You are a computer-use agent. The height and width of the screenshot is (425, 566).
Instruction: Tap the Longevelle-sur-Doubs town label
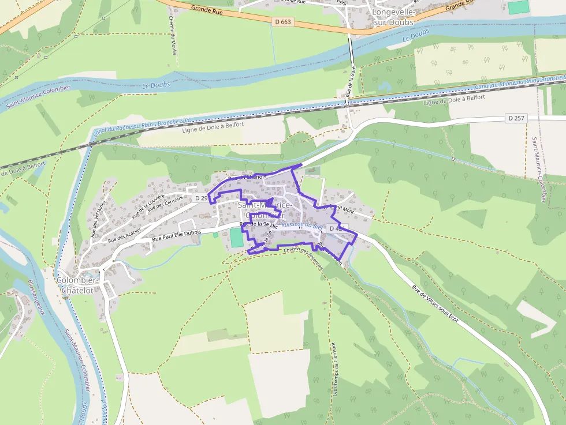(x=393, y=17)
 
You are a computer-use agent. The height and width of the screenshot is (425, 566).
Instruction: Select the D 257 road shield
(x=516, y=118)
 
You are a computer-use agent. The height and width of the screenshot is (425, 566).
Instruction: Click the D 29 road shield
(x=200, y=198)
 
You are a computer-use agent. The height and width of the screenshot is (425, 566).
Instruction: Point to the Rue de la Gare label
(x=350, y=82)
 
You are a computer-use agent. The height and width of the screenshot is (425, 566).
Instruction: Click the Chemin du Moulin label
(x=173, y=35)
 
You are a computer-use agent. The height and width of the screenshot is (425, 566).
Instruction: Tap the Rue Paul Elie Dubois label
(x=177, y=235)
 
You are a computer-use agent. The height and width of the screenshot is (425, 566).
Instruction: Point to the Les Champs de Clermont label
(x=334, y=368)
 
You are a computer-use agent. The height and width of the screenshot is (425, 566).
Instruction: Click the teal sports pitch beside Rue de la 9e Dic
(x=236, y=238)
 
